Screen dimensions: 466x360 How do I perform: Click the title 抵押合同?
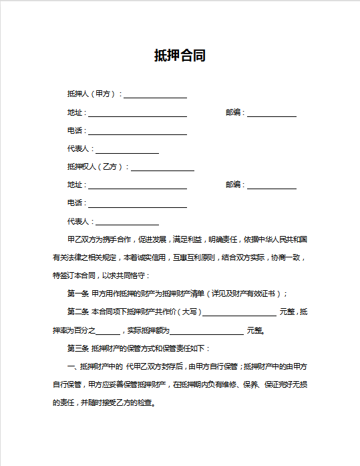click(x=180, y=56)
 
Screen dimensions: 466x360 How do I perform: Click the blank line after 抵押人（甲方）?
click(x=155, y=95)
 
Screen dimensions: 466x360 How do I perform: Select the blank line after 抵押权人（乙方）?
click(x=162, y=167)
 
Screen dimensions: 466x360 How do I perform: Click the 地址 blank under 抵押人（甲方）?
click(x=138, y=113)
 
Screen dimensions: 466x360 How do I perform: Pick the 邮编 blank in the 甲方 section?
click(x=272, y=113)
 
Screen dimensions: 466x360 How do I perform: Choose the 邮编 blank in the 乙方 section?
click(x=272, y=185)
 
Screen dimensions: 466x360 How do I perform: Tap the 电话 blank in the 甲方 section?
click(x=138, y=131)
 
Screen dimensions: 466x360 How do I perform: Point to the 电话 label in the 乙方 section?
click(x=75, y=203)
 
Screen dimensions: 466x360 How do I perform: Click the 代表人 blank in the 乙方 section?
click(x=127, y=221)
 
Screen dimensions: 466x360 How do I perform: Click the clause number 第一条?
click(x=78, y=294)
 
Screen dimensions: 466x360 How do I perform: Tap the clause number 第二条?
click(x=78, y=312)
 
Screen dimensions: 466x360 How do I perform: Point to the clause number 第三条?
click(x=78, y=348)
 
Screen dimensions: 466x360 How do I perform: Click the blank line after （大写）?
click(x=239, y=312)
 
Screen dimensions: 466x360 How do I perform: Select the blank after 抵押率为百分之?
click(x=108, y=330)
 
